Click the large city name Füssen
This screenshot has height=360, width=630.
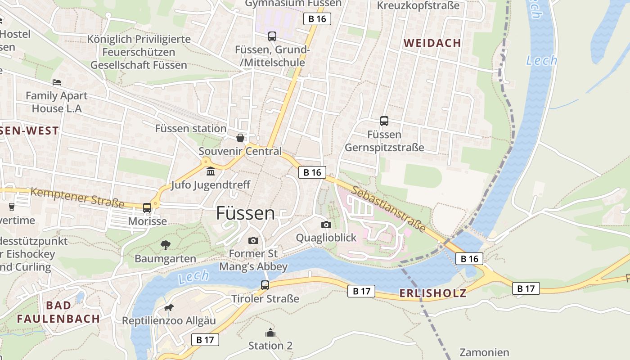click(245, 213)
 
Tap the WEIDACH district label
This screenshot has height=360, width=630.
click(432, 43)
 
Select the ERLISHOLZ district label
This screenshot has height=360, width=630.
click(432, 293)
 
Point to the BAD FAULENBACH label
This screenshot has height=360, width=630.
click(58, 312)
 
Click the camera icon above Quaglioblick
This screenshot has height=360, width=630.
click(326, 225)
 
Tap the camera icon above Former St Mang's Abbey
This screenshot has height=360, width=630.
click(253, 240)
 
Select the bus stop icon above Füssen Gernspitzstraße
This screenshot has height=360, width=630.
click(384, 121)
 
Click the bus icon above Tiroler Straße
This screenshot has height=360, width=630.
click(265, 285)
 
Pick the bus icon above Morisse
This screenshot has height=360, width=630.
click(147, 208)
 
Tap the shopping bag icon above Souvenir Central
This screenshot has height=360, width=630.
click(240, 138)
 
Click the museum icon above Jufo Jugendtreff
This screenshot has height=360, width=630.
click(211, 171)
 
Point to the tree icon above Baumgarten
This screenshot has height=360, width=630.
click(166, 245)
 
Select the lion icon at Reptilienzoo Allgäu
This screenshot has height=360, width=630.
click(169, 308)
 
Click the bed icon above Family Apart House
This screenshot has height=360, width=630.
click(57, 82)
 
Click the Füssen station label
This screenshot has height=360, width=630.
click(191, 128)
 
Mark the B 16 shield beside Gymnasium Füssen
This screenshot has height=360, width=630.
click(317, 18)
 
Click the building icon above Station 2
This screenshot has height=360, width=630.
click(270, 333)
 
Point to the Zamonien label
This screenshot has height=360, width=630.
click(484, 352)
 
